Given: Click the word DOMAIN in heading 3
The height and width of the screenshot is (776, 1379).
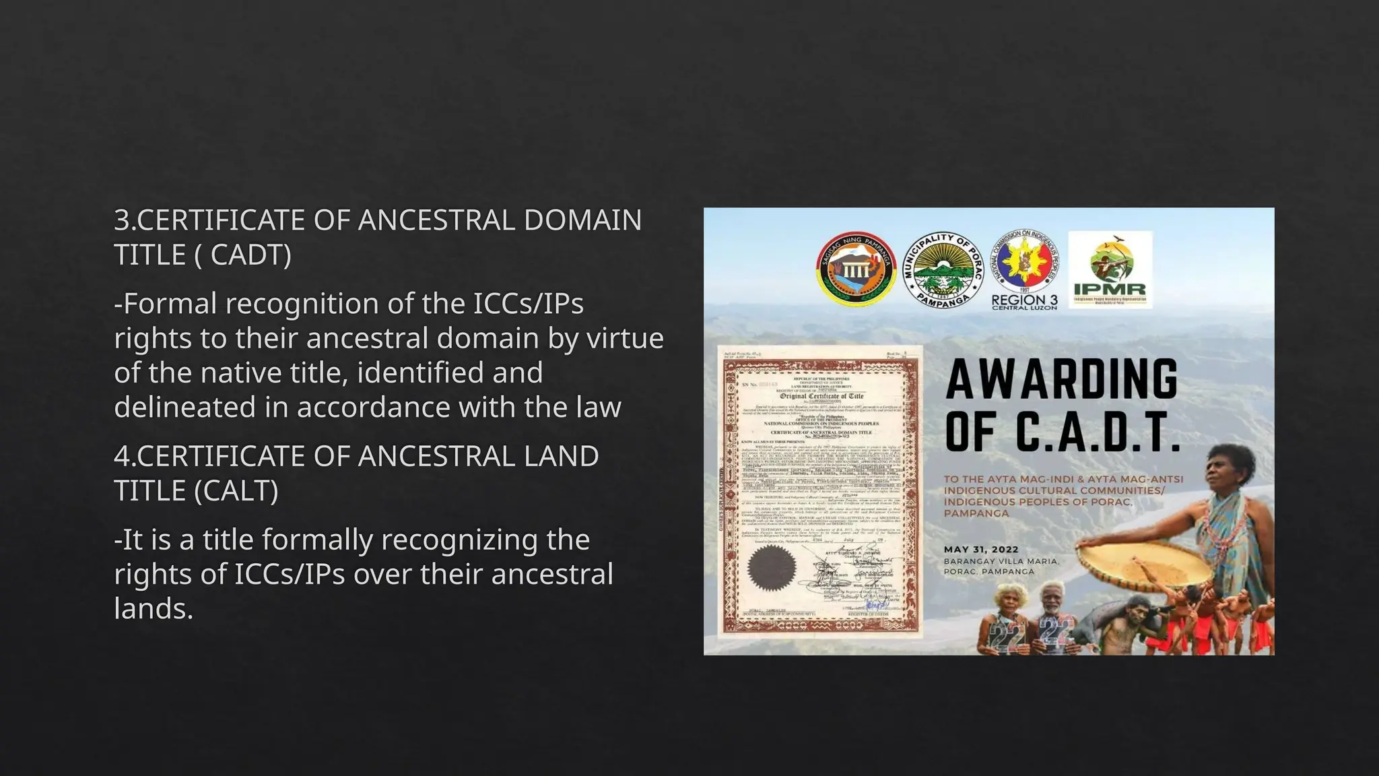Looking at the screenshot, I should pyautogui.click(x=582, y=220).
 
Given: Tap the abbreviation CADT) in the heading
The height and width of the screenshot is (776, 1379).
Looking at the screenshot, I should pyautogui.click(x=250, y=255).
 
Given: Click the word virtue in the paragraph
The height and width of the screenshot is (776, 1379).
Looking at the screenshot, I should pyautogui.click(x=625, y=338).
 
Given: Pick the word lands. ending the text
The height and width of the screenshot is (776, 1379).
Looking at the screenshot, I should pyautogui.click(x=154, y=609).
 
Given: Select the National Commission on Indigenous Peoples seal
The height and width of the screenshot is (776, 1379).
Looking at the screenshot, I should pyautogui.click(x=1025, y=263).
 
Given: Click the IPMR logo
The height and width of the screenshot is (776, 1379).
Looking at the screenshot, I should pyautogui.click(x=1110, y=270).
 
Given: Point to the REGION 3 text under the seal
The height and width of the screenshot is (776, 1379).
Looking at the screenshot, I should pyautogui.click(x=1024, y=300).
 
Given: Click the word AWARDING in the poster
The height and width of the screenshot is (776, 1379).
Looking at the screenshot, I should pyautogui.click(x=1062, y=379).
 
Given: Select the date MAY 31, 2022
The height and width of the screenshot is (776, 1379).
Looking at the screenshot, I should pyautogui.click(x=981, y=550).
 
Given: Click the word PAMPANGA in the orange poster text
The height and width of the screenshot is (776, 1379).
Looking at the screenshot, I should pyautogui.click(x=967, y=513).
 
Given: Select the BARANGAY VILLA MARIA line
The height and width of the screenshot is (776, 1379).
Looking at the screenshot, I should pyautogui.click(x=1001, y=561).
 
